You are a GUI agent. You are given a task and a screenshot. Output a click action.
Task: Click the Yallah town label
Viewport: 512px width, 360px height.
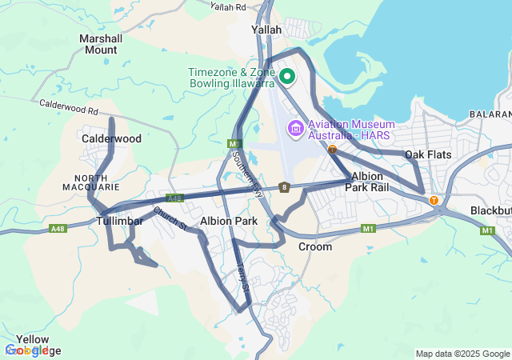266,30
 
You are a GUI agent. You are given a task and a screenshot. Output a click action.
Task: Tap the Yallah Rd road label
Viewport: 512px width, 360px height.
228,6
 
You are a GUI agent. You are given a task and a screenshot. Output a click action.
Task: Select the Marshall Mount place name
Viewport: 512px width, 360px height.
101,44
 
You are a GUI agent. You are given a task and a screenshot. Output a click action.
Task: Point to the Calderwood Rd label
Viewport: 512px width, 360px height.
68,110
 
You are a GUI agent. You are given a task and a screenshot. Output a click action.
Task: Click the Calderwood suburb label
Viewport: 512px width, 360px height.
111,138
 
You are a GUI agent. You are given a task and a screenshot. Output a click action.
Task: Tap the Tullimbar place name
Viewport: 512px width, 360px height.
119,221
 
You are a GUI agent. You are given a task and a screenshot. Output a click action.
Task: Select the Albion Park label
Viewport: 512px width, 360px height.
229,221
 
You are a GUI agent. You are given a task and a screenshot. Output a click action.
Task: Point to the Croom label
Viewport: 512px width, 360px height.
314,247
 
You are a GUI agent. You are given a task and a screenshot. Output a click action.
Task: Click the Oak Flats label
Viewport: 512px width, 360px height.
427,154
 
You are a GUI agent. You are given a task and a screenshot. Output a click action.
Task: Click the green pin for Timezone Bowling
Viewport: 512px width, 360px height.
287,77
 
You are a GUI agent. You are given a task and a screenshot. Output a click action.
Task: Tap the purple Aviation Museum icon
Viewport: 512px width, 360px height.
294,127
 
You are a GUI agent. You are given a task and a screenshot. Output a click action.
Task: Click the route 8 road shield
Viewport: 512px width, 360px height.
284,187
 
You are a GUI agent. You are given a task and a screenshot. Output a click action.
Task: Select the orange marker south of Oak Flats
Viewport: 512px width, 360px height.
434,201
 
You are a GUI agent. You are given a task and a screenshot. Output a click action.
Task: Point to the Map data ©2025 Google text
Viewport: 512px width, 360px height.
462,354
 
